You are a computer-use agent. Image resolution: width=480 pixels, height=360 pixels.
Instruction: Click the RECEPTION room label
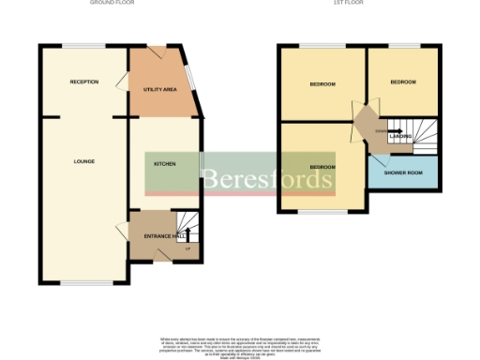pyautogui.click(x=84, y=82)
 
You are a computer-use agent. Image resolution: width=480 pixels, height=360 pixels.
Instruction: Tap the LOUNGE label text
pyautogui.click(x=84, y=161)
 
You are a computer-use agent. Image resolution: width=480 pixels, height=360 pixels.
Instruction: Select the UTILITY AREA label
pyautogui.click(x=159, y=89)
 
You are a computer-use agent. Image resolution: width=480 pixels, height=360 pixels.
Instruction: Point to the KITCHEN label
pyautogui.click(x=165, y=162)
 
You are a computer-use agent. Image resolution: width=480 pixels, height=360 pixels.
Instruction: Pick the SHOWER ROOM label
pyautogui.click(x=403, y=172)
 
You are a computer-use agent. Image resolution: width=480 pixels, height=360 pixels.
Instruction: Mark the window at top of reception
pyautogui.click(x=83, y=44)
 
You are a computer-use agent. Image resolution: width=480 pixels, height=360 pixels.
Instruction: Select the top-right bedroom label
pyautogui.click(x=403, y=82)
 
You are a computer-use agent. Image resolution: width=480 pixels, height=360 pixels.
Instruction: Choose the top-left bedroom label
pyautogui.click(x=322, y=83)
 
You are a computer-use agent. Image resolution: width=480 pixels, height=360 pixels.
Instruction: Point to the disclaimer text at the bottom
pyautogui.click(x=240, y=344)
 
